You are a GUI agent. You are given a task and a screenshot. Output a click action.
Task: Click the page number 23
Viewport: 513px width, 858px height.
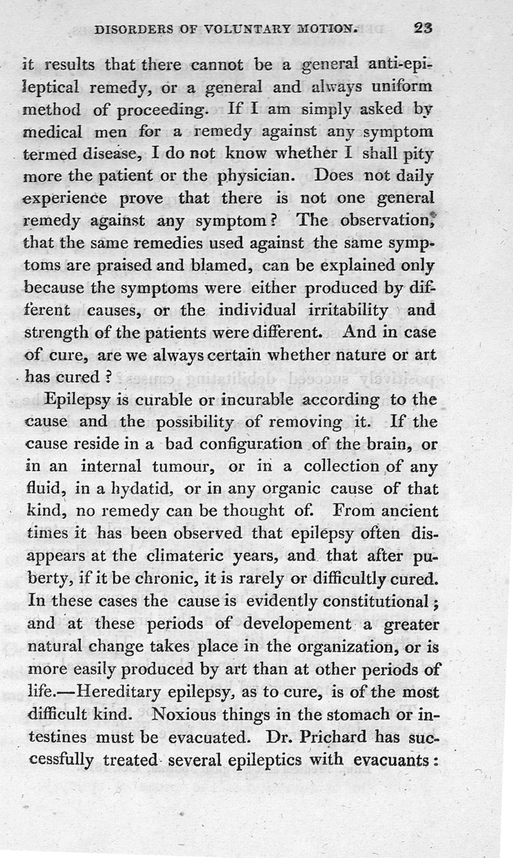[x=425, y=28]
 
